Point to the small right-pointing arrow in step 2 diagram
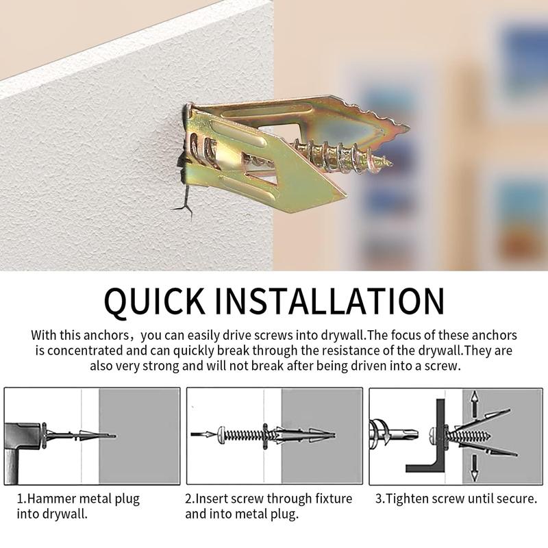[x=203, y=434]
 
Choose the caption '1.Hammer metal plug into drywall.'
[x=78, y=506]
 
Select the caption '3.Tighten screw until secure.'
[x=456, y=499]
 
